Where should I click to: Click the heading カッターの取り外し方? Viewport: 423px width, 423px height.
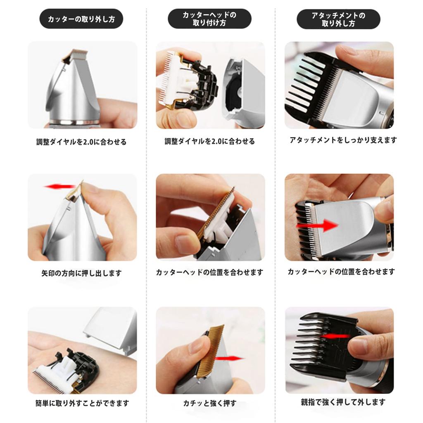tap(81, 19)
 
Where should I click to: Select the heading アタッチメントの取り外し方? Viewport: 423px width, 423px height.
tap(338, 19)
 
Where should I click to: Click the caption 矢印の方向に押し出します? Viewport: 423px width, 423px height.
tap(81, 273)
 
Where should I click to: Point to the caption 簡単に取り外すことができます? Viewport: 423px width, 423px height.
tap(82, 403)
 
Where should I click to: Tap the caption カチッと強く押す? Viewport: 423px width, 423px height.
tap(209, 403)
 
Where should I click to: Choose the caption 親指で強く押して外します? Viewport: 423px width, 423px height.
tap(343, 402)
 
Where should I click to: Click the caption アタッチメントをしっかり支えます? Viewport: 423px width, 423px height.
tap(343, 140)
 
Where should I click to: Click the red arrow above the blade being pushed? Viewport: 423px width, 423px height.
tap(60, 186)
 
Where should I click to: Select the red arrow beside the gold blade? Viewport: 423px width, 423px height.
tap(229, 359)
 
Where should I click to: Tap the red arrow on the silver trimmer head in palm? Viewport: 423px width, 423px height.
tap(317, 225)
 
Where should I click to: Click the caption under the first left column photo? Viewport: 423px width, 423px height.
tap(81, 142)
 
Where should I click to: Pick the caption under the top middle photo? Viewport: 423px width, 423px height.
tap(209, 141)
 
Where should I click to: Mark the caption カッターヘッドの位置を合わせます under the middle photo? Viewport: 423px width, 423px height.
tap(209, 272)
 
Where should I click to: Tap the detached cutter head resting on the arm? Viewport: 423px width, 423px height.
tap(66, 371)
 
